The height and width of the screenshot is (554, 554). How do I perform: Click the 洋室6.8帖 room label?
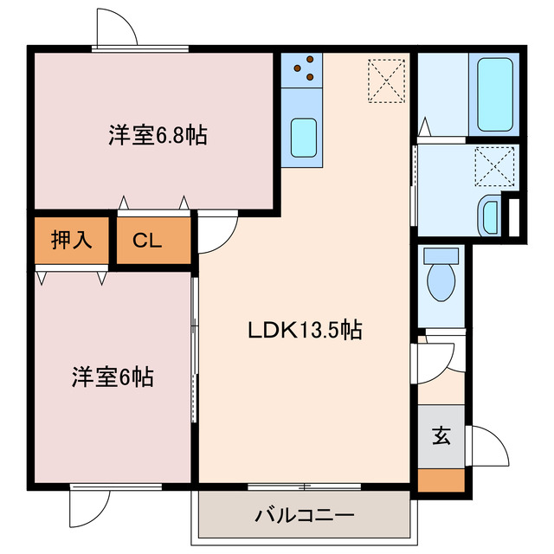coord(158,135)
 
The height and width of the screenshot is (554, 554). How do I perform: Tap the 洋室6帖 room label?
coord(113,377)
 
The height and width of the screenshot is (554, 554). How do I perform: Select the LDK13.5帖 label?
coord(305,330)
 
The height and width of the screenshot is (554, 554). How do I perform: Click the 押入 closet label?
coord(72,241)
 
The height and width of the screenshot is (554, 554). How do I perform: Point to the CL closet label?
coord(148,242)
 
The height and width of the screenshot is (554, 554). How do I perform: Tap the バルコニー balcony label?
coord(304,517)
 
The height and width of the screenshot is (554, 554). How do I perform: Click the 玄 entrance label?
coord(441,436)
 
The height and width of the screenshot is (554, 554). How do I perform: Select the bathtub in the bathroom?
coord(496,94)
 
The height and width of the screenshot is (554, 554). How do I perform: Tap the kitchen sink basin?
coord(303,137)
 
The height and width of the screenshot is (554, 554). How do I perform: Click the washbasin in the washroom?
coord(489,214)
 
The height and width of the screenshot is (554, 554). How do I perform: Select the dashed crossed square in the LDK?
coord(386,80)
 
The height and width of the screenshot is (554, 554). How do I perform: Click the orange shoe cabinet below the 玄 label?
coord(441,479)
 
